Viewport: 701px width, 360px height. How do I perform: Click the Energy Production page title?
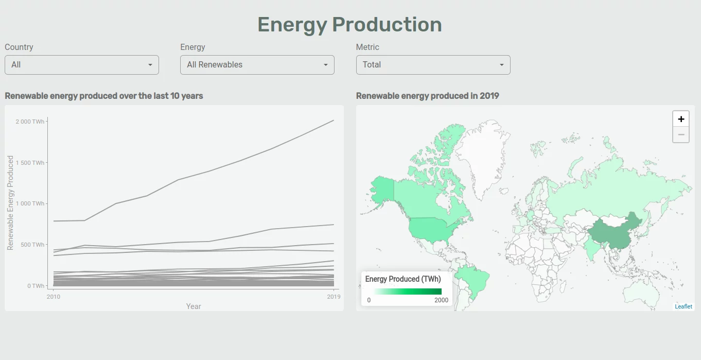[x=349, y=25]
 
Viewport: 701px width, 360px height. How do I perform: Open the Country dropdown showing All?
[x=82, y=65]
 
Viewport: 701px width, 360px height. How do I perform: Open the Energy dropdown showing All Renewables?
[x=257, y=65]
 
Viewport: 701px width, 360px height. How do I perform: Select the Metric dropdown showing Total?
[x=433, y=65]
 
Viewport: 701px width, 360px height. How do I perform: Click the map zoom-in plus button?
[x=681, y=119]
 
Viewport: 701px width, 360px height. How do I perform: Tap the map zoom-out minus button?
[x=681, y=134]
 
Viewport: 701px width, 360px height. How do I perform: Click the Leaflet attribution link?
[x=684, y=306]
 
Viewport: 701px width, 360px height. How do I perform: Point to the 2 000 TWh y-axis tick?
[x=30, y=122]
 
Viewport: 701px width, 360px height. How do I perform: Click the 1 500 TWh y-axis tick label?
[x=30, y=163]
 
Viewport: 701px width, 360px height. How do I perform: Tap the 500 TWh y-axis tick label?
[x=32, y=245]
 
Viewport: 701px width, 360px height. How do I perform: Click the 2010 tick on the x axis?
[x=54, y=297]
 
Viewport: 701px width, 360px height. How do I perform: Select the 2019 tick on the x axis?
[x=334, y=297]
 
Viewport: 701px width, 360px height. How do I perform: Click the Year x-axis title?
[x=194, y=306]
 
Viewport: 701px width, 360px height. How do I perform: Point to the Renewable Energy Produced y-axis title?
[x=10, y=203]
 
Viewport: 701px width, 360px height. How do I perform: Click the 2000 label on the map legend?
[x=441, y=300]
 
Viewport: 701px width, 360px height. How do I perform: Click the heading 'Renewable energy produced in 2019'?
[x=428, y=96]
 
